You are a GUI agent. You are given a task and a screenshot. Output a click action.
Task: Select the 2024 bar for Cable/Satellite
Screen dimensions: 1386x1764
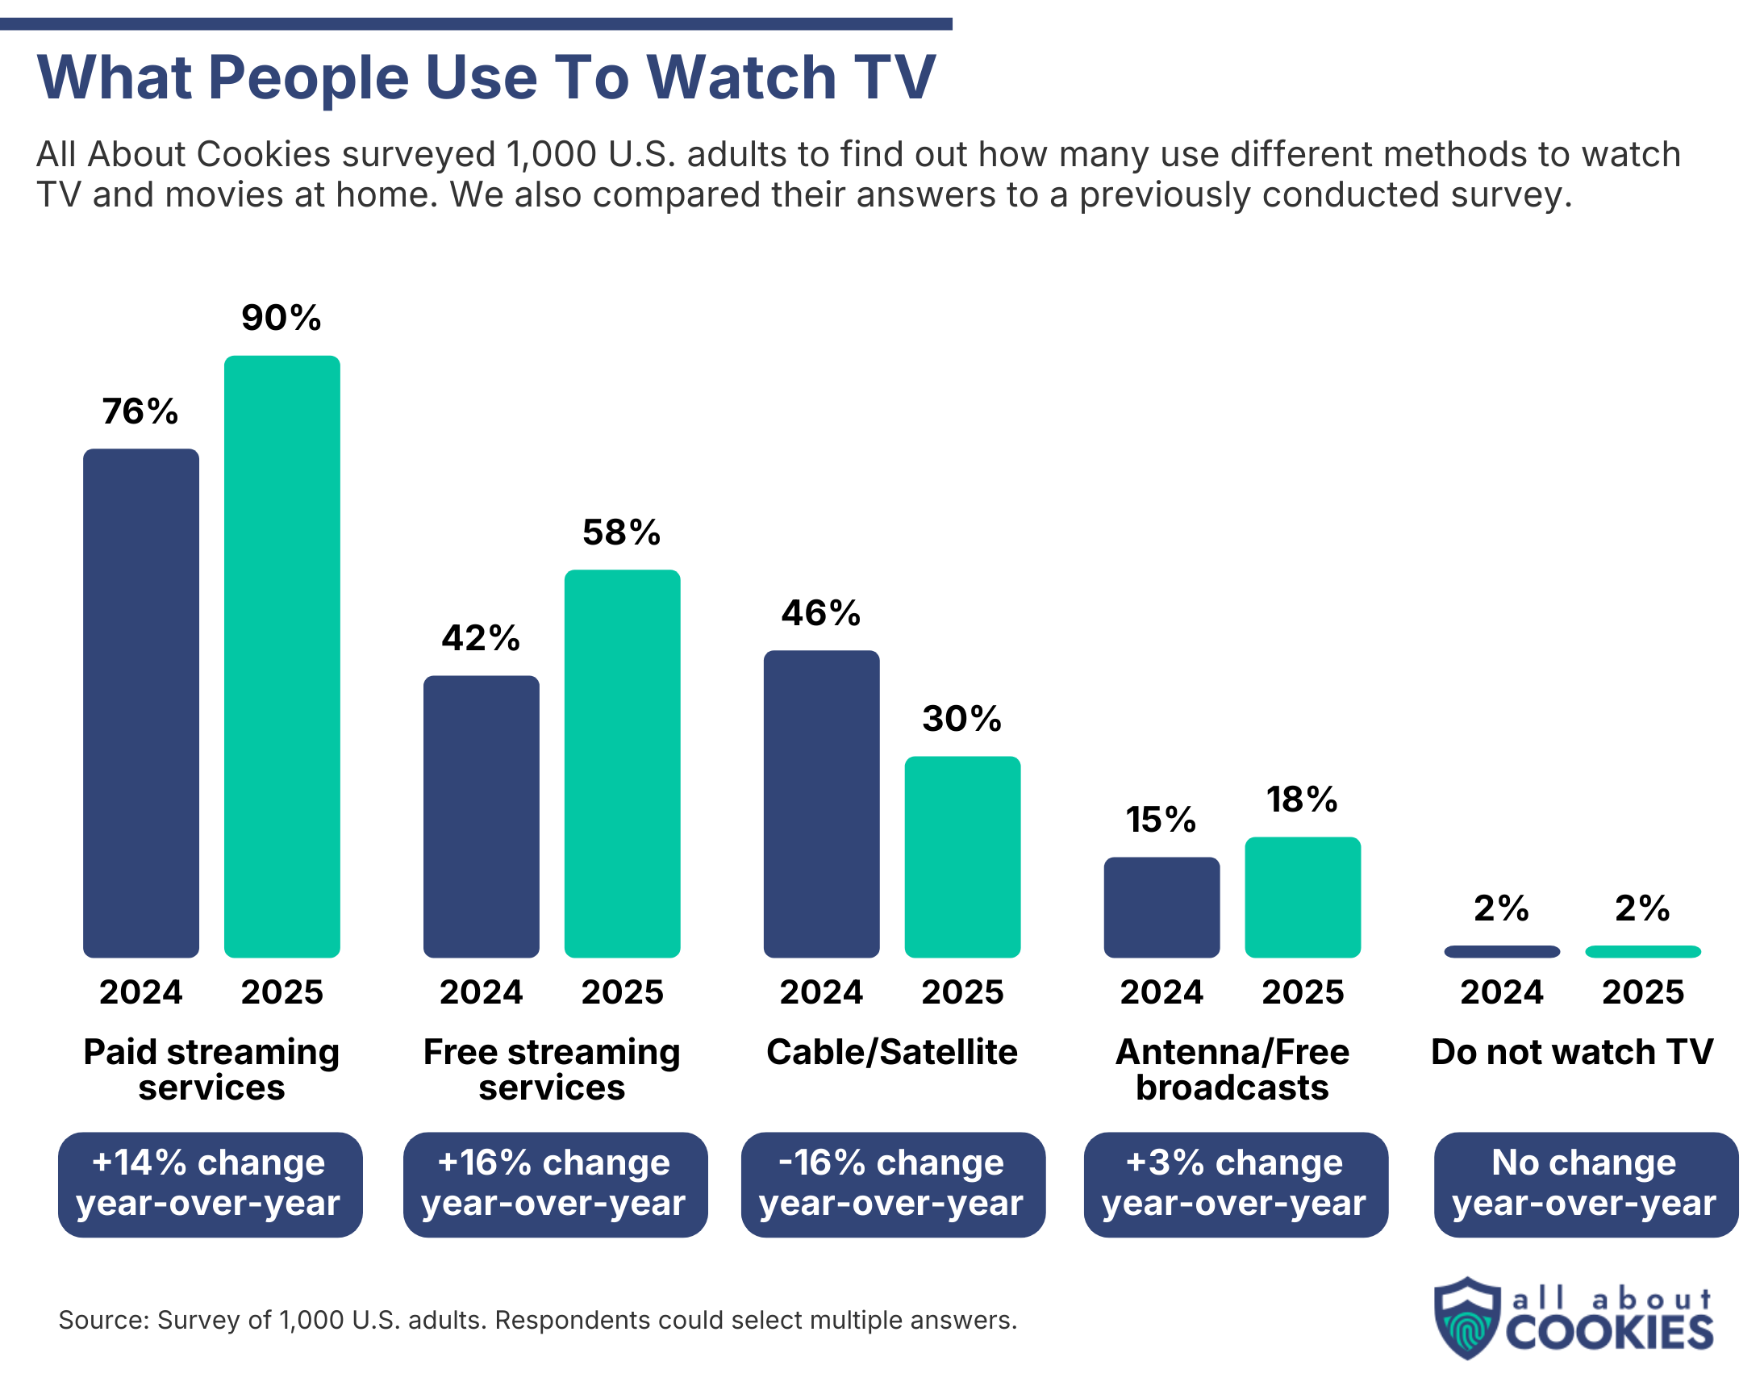(820, 804)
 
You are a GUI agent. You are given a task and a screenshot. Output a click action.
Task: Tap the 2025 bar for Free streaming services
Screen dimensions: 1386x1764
(622, 763)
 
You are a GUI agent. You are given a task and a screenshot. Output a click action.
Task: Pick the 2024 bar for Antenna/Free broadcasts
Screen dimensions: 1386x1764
(1161, 907)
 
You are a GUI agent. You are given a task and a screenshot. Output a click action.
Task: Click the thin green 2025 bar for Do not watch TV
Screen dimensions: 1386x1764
(1641, 951)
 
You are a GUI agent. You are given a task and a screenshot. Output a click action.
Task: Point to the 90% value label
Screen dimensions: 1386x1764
(281, 317)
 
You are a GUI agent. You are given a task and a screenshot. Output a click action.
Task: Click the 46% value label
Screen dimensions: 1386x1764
(820, 612)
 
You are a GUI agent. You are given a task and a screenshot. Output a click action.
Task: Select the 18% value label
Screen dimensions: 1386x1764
(1302, 799)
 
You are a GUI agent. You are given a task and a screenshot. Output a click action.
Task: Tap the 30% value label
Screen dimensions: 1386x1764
(961, 718)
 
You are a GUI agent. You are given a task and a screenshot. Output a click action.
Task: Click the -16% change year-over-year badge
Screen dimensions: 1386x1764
(892, 1184)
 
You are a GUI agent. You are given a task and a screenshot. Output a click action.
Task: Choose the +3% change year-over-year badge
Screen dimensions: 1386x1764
(1235, 1184)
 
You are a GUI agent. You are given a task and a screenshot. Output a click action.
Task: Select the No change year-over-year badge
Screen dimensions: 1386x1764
(1585, 1184)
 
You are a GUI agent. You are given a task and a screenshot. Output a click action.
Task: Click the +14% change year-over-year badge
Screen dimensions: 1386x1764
(210, 1184)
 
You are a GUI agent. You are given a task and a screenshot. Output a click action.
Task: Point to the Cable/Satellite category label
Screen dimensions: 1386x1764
(891, 1052)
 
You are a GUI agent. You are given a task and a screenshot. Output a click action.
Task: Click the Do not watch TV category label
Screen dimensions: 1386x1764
(1571, 1052)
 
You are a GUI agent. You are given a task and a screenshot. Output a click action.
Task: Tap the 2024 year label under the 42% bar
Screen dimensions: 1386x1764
(481, 991)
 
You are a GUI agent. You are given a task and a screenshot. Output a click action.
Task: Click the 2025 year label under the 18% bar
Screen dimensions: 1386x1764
(1302, 991)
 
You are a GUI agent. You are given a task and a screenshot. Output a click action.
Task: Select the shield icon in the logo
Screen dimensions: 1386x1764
(1466, 1318)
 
